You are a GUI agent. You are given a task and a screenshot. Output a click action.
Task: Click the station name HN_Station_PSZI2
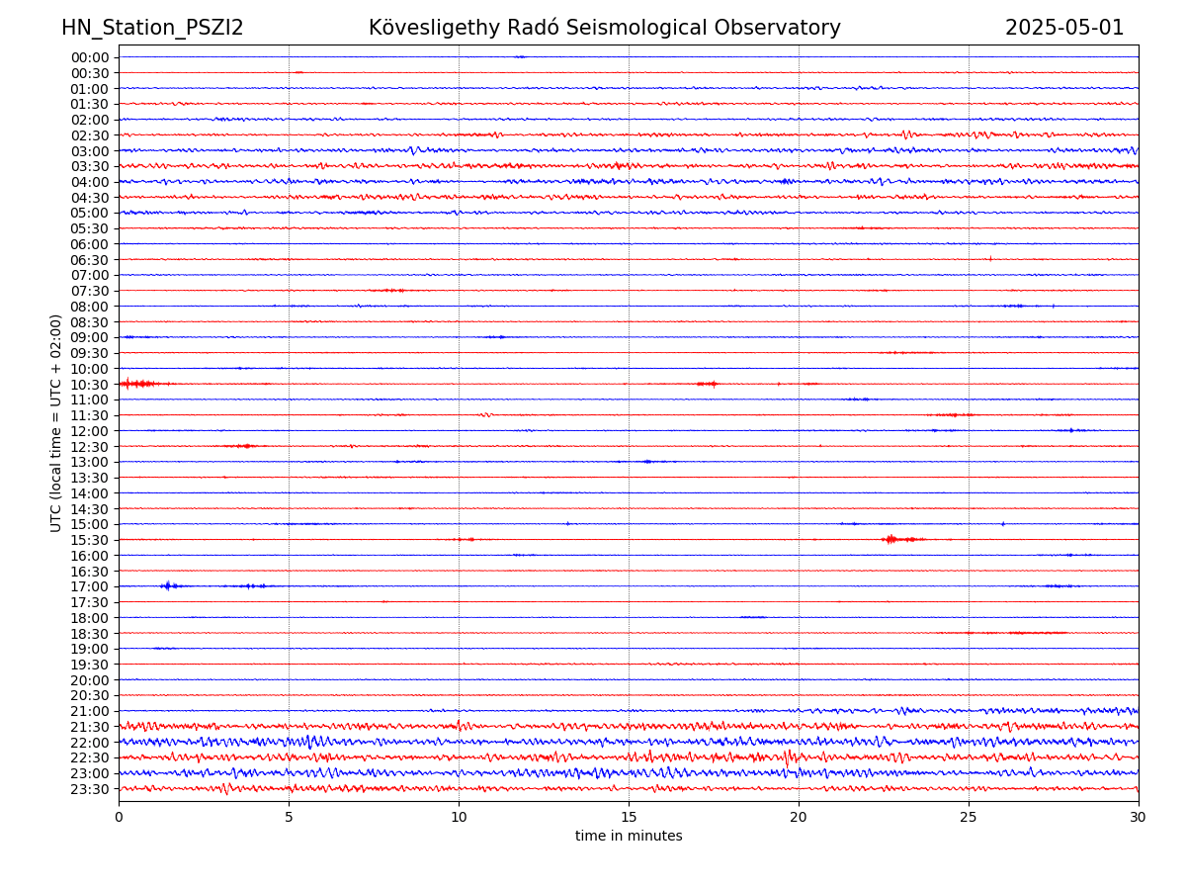point(152,28)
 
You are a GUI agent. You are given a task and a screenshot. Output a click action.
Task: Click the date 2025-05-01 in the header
point(1064,28)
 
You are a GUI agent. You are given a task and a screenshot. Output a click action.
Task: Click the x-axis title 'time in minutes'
point(629,837)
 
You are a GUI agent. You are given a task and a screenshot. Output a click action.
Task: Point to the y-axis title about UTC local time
point(56,422)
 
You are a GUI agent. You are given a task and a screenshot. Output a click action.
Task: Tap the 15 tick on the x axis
point(629,818)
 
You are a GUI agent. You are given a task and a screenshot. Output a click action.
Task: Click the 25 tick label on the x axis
point(969,818)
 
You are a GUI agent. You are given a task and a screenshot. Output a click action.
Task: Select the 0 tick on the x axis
point(119,818)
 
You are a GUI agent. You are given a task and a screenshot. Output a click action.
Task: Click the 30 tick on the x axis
point(1139,818)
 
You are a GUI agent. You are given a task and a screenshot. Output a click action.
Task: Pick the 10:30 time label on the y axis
point(89,385)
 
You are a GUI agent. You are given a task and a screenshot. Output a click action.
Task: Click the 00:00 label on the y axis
point(89,57)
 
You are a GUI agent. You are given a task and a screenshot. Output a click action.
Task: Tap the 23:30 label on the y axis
point(89,789)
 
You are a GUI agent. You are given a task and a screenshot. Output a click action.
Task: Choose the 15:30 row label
point(89,540)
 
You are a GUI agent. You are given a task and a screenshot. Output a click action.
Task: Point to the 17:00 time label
point(89,586)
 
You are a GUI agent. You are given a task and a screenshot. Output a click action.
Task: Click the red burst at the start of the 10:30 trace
point(136,384)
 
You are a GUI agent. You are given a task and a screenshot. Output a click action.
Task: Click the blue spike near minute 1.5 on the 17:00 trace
point(168,586)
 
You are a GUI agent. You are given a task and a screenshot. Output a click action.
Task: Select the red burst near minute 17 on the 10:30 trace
point(708,384)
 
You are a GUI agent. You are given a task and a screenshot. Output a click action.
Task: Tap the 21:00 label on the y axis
point(89,711)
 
